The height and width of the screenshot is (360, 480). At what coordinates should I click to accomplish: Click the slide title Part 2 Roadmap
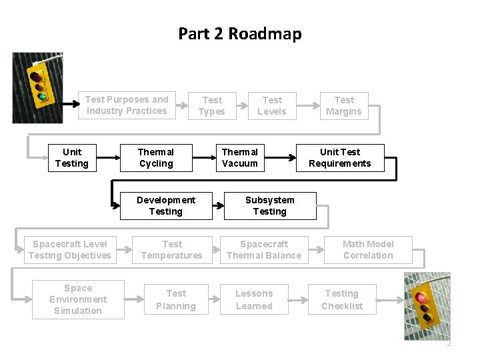(239, 33)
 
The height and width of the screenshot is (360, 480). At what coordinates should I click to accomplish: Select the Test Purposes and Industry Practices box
(127, 105)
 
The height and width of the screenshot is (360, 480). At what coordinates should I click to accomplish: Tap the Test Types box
(212, 105)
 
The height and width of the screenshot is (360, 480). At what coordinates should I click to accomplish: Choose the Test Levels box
(272, 105)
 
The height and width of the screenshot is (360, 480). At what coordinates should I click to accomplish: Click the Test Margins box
(344, 105)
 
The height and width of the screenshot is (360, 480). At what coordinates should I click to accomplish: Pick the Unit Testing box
(71, 158)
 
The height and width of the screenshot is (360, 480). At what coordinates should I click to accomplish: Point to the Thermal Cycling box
(156, 158)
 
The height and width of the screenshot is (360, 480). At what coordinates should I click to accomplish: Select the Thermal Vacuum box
(239, 158)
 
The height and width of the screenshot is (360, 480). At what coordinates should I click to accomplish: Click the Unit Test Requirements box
(340, 158)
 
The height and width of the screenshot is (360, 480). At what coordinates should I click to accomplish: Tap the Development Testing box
(165, 205)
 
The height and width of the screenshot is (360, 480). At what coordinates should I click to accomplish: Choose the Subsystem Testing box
(269, 205)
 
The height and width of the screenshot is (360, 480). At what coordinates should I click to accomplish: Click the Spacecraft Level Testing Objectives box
(70, 250)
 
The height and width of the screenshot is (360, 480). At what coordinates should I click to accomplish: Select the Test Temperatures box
(172, 250)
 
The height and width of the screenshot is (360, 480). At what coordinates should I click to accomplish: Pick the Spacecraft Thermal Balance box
(264, 250)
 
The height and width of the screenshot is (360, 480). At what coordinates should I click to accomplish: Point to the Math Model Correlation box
(368, 250)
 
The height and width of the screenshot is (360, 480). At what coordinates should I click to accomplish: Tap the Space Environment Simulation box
(78, 299)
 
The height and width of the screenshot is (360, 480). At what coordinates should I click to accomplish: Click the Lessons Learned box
(254, 299)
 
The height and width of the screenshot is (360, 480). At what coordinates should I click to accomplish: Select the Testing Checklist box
(342, 299)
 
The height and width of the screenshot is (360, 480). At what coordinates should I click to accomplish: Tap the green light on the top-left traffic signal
(43, 97)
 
